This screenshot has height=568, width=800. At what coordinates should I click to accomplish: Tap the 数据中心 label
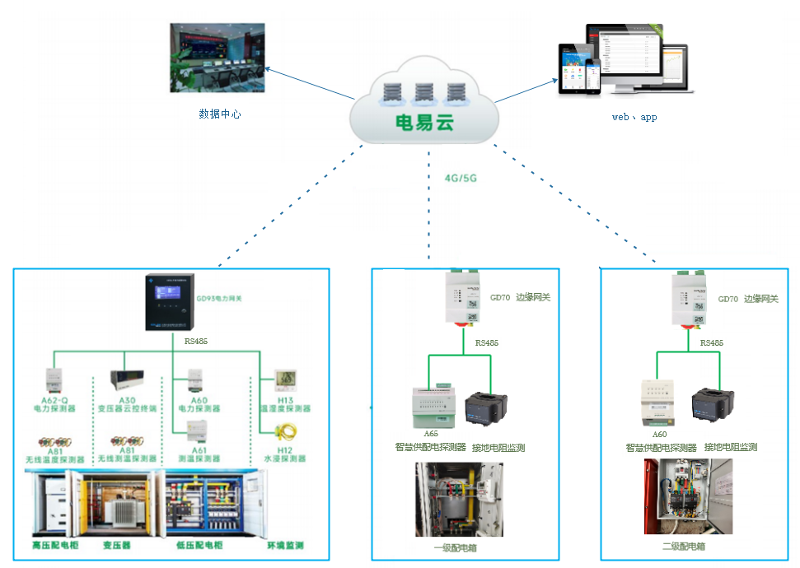pos(220,114)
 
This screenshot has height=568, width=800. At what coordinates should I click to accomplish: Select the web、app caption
pos(634,117)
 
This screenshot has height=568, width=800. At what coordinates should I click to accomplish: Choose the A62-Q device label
pos(54,400)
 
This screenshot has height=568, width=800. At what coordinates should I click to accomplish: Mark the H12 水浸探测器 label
pos(285,454)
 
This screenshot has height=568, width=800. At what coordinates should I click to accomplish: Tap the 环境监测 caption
pos(285,546)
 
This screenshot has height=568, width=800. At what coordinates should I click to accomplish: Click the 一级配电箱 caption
pos(456,547)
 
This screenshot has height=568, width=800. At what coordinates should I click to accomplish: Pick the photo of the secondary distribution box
pos(687,496)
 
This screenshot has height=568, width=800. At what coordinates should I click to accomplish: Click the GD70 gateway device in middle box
pos(465,299)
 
